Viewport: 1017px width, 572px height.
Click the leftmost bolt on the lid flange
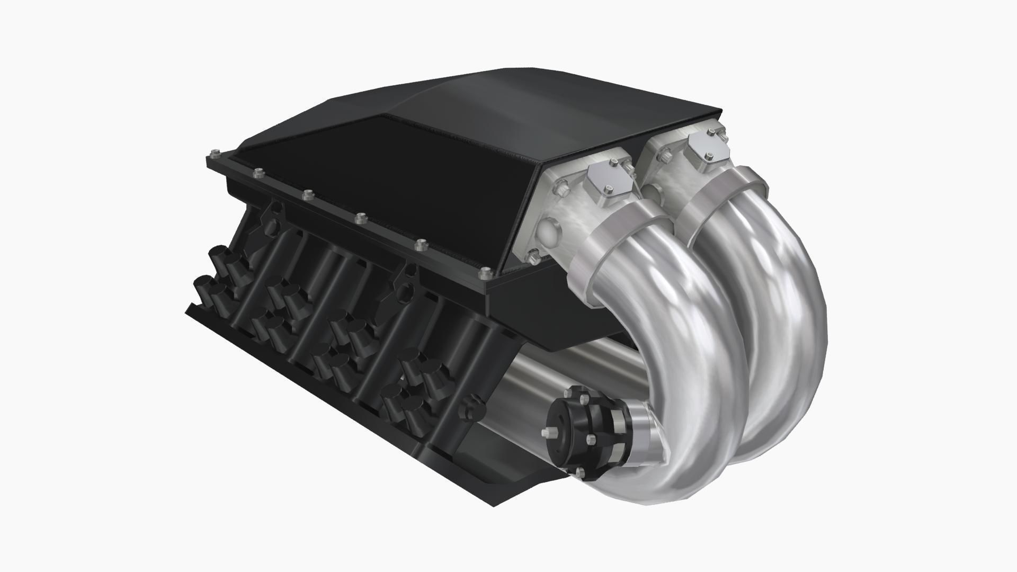[x=214, y=154]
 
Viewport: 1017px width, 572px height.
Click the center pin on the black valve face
[x=546, y=433]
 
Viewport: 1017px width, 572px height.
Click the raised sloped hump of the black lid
[x=530, y=101]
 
